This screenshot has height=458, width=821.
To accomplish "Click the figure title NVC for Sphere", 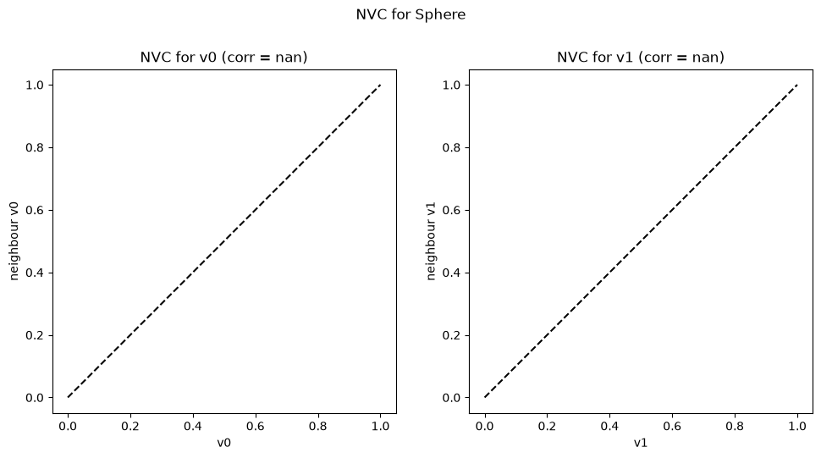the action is (410, 14).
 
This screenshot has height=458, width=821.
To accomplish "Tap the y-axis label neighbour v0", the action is (14, 241).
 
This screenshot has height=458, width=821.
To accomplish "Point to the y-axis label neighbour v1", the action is (431, 241).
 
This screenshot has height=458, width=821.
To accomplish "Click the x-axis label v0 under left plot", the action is (224, 443).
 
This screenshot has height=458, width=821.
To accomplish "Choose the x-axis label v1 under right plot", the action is (641, 443).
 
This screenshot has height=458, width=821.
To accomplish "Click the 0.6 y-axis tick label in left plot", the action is (35, 211).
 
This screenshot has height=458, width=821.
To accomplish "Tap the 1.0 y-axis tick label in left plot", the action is (35, 85).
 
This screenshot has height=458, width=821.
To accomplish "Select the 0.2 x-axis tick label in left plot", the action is (130, 426).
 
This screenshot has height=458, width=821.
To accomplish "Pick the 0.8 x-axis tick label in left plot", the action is (318, 426).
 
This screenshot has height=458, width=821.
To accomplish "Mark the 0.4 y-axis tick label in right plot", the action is (451, 273).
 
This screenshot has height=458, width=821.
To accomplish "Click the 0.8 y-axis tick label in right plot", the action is (451, 147).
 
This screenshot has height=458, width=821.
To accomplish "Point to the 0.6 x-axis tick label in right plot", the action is (672, 426).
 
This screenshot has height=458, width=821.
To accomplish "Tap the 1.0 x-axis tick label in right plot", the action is (797, 426).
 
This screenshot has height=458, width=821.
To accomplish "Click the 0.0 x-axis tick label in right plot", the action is (485, 426).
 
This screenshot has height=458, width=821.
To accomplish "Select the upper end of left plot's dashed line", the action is (381, 85).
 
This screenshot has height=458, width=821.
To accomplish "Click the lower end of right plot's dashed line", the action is (485, 397).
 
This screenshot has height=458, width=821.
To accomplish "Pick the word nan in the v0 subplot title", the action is (287, 57).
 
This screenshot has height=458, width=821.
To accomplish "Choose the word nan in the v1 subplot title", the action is (703, 57).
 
